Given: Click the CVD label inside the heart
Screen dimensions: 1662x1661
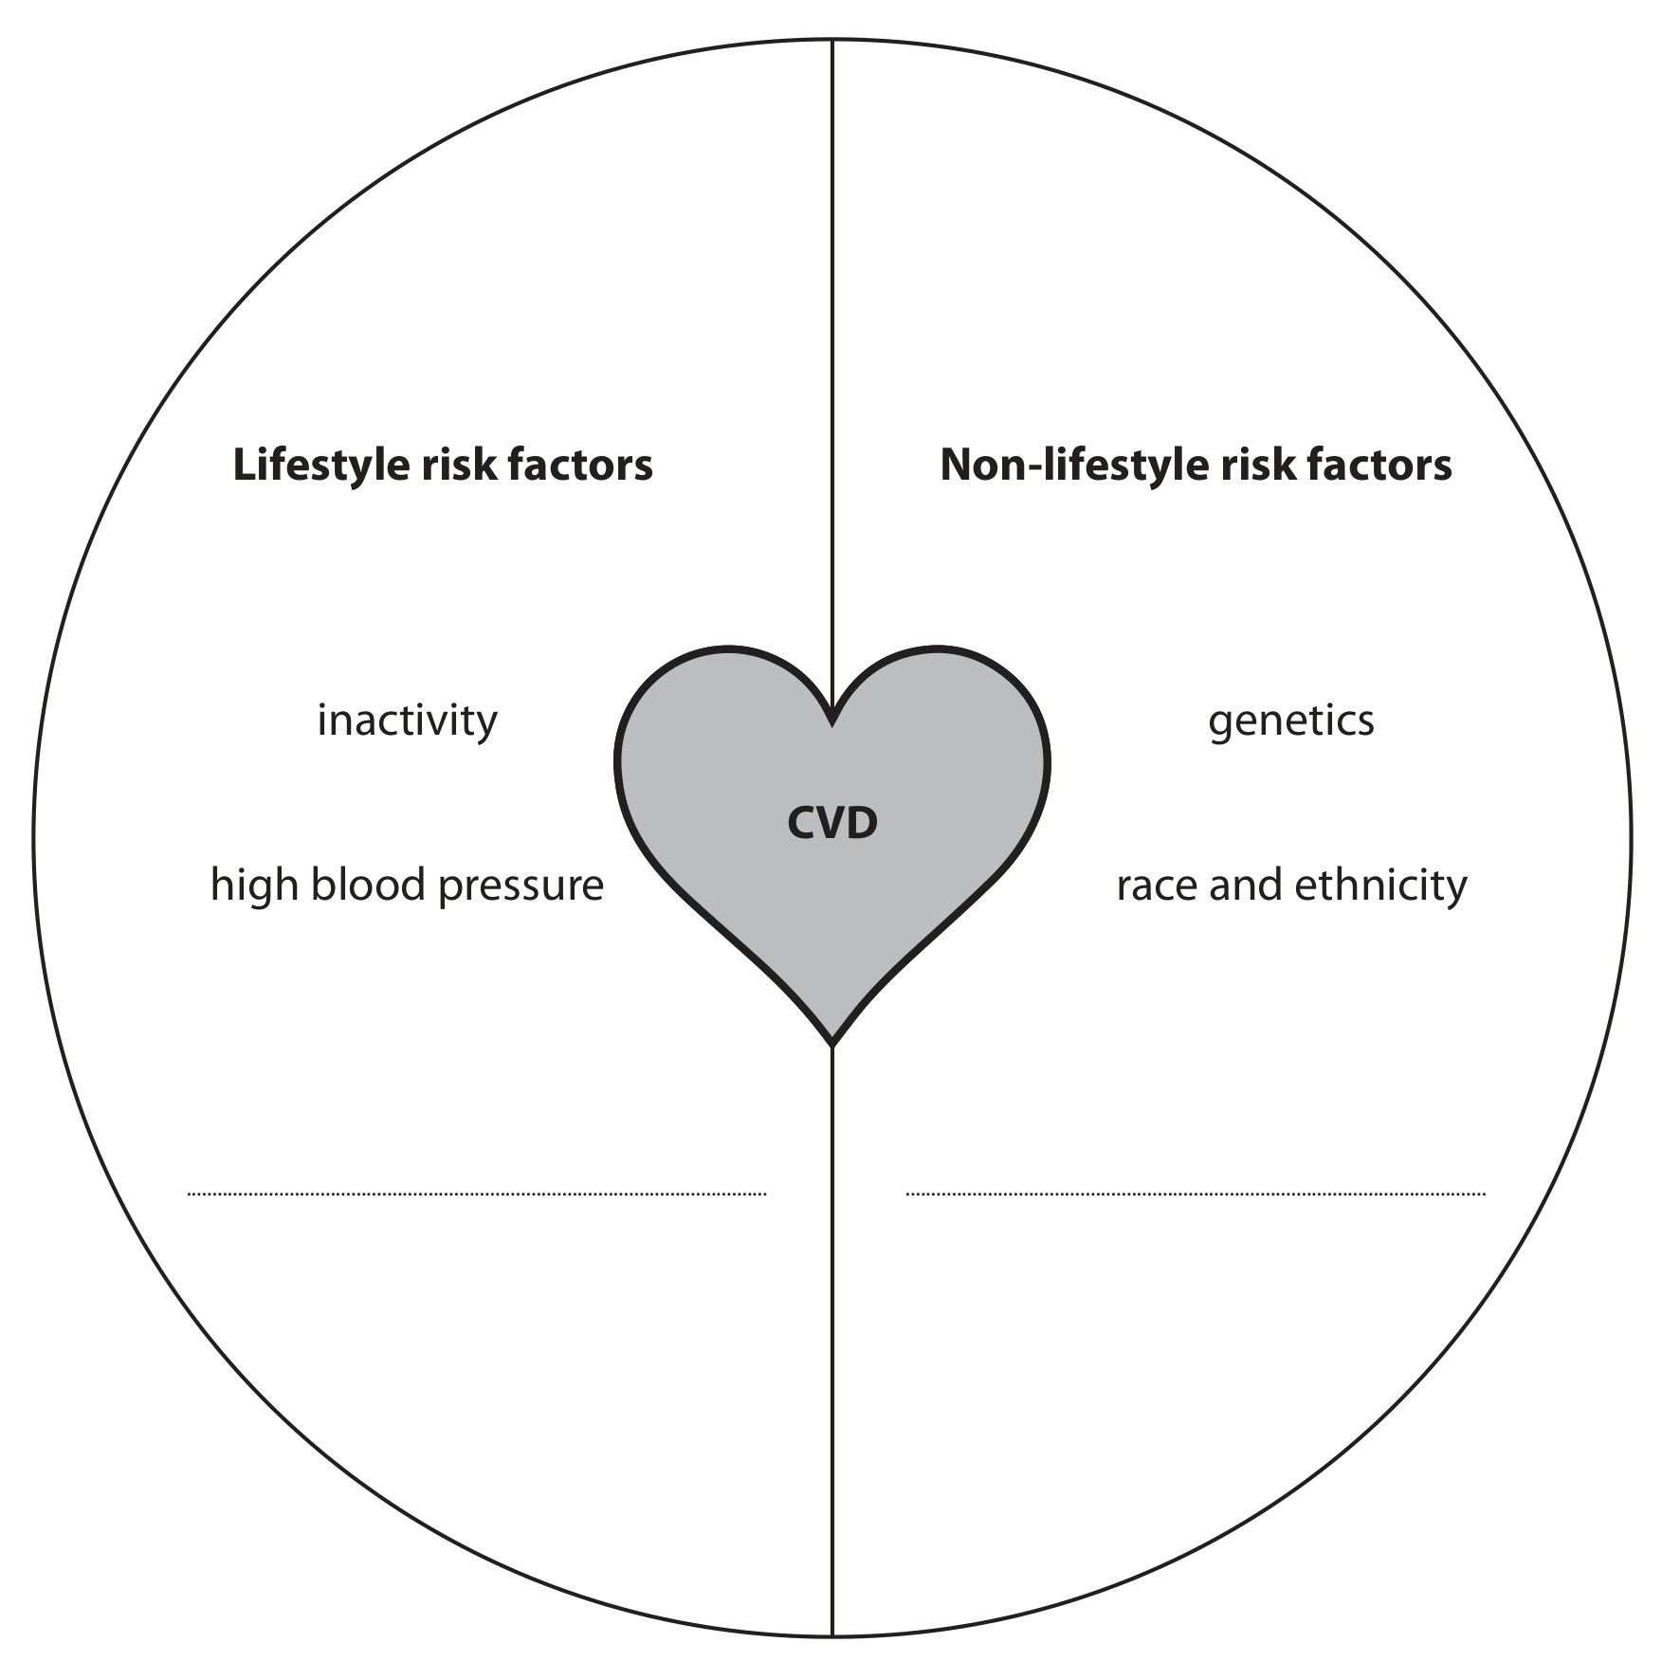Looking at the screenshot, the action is pyautogui.click(x=832, y=823).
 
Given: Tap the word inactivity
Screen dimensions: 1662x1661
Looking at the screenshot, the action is pyautogui.click(x=407, y=721).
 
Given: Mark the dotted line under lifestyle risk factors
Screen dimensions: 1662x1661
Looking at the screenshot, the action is pyautogui.click(x=477, y=1194).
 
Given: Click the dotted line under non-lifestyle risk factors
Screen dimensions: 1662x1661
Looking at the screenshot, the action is pyautogui.click(x=1196, y=1194).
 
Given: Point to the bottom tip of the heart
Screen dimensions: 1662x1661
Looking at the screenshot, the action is pyautogui.click(x=832, y=1046).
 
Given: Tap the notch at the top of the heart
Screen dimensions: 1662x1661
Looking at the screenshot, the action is pyautogui.click(x=832, y=723).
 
